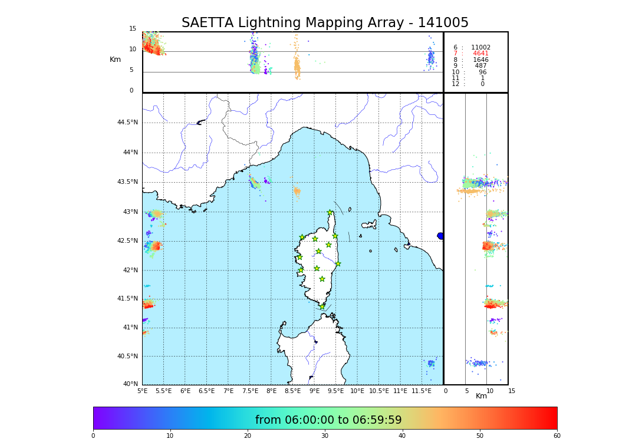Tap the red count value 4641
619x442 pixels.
pos(480,54)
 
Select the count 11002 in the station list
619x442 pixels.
pos(480,48)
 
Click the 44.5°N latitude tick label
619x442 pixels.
pos(127,123)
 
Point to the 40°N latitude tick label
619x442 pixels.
pos(130,384)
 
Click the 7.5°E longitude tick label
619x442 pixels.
pos(250,391)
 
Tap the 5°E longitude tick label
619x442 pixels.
pos(143,391)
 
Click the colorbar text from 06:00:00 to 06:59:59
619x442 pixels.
pos(328,420)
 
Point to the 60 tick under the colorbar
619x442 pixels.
pos(557,436)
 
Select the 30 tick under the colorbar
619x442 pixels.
pos(325,436)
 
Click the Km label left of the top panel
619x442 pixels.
pos(116,60)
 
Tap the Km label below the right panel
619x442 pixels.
pos(482,396)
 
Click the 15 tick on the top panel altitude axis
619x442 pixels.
pos(133,29)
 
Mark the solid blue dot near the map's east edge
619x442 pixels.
pos(440,236)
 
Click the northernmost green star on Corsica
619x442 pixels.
pos(330,213)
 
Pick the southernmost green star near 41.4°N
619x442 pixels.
pos(322,306)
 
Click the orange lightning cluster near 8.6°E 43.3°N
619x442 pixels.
pos(297,191)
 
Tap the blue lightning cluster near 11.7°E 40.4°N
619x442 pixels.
pos(431,363)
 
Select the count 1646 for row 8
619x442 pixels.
pos(480,60)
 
